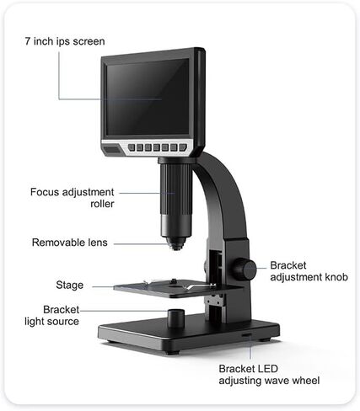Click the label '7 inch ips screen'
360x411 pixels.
tap(65, 41)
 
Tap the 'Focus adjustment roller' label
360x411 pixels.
tap(73, 198)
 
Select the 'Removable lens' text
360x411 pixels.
tap(70, 243)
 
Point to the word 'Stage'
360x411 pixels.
tap(70, 285)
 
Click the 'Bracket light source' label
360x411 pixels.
tap(52, 316)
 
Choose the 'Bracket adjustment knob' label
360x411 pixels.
tap(309, 271)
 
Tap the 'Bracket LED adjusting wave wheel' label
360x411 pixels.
tap(269, 375)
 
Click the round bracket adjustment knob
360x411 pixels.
tap(244, 269)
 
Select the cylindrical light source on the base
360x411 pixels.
tap(176, 318)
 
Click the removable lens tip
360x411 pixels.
tap(176, 243)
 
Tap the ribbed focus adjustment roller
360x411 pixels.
tap(176, 189)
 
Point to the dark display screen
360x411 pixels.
tap(148, 97)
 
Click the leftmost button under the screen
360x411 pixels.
tap(132, 147)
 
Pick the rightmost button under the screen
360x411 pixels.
tap(183, 147)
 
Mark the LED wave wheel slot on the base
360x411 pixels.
tap(247, 335)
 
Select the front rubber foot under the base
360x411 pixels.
tap(172, 352)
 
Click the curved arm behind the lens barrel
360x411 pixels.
tap(222, 196)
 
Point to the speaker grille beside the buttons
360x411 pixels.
tap(112, 149)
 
